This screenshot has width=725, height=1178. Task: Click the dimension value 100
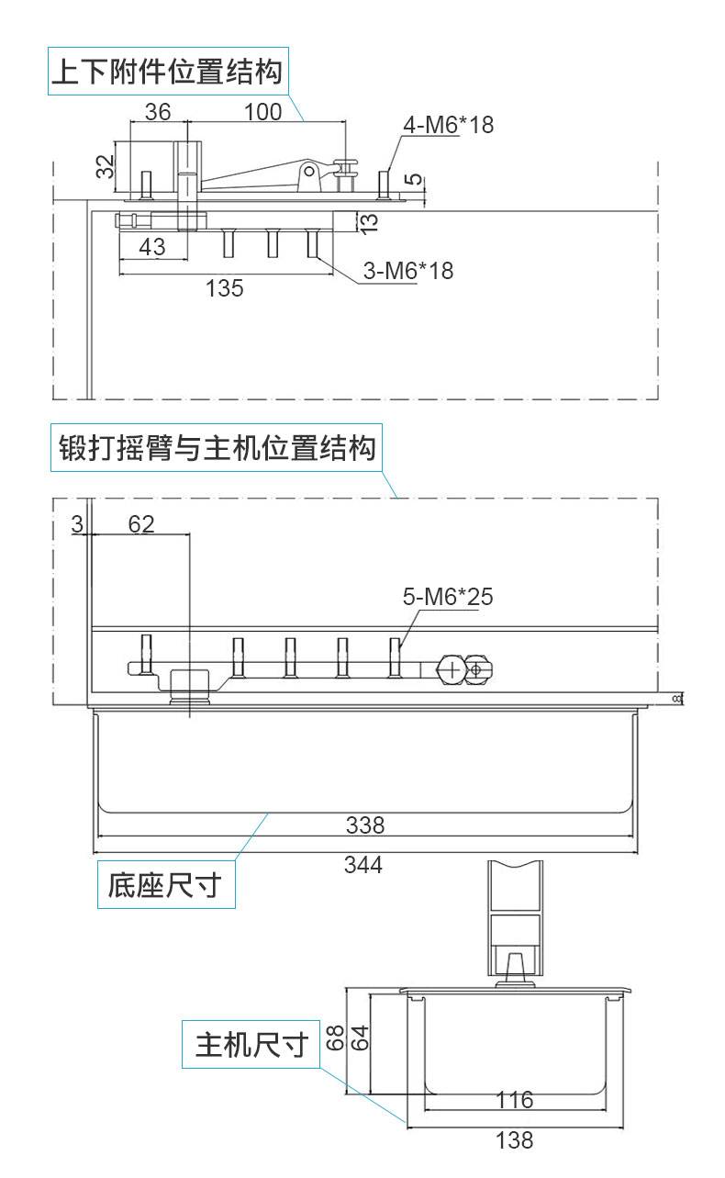tap(262, 112)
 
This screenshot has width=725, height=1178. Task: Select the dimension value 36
tap(158, 112)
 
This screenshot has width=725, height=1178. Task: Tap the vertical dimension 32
tap(106, 166)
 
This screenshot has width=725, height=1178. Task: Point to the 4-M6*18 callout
tap(448, 125)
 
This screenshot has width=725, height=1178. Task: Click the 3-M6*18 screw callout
tap(408, 271)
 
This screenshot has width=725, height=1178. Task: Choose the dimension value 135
tap(225, 288)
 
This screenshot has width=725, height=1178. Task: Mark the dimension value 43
tap(152, 247)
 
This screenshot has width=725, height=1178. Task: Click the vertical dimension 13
tap(370, 223)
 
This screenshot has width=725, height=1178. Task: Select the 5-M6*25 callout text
tap(448, 597)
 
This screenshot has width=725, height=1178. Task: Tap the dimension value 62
tap(141, 524)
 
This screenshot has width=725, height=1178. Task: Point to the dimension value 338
tap(365, 825)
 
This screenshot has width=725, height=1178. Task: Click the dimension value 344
tap(363, 865)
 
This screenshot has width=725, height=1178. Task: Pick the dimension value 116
tap(515, 1100)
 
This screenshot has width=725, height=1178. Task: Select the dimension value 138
tap(515, 1140)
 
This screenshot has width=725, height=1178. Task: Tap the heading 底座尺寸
tap(165, 884)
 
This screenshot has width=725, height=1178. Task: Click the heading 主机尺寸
tap(251, 1045)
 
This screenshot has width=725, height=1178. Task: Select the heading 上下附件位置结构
tap(168, 71)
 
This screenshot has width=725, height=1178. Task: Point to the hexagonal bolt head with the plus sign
tap(452, 670)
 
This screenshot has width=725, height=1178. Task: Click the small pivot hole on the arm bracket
tap(309, 171)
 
